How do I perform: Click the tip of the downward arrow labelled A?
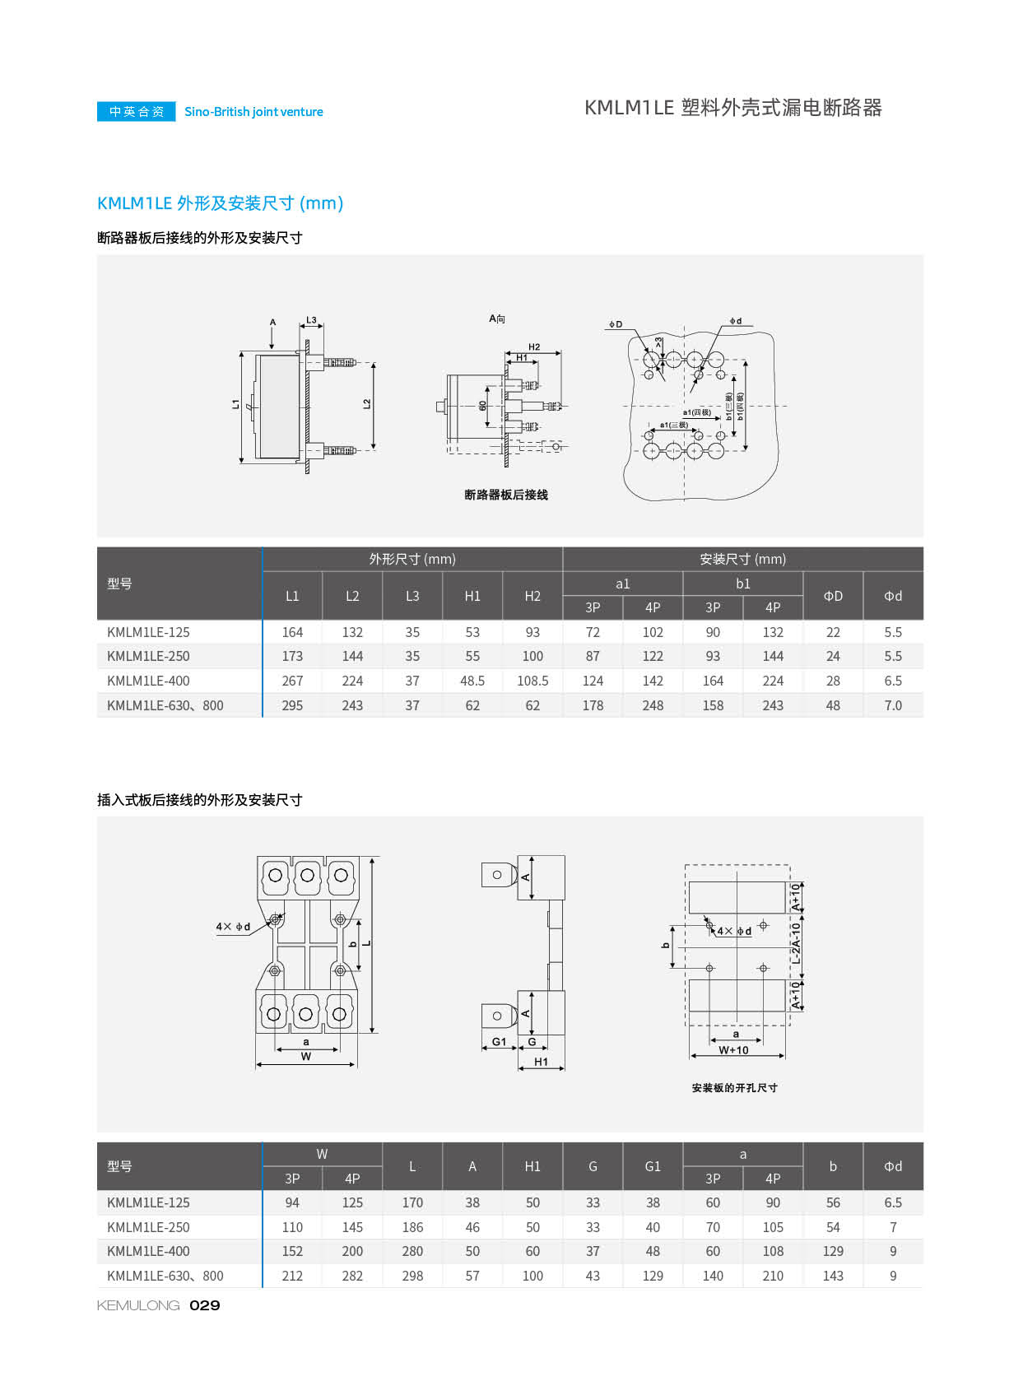click(272, 349)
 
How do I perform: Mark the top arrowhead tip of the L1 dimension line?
click(242, 352)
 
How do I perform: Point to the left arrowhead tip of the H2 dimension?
click(505, 354)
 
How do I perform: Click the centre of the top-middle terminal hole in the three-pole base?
click(307, 876)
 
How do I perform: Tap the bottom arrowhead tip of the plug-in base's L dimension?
click(372, 1033)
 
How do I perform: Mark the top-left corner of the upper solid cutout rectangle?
click(690, 882)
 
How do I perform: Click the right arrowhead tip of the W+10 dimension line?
click(785, 1056)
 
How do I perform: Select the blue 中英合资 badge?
click(137, 111)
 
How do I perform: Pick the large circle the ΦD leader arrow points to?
click(651, 360)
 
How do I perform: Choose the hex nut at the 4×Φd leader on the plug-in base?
click(275, 919)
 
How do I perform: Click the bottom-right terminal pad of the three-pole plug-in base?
click(340, 1013)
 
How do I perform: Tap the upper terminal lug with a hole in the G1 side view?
click(498, 875)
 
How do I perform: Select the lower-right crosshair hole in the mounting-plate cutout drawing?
click(763, 968)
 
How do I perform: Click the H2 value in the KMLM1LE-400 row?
click(532, 681)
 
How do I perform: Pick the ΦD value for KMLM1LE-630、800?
click(832, 705)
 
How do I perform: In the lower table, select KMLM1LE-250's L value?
click(412, 1227)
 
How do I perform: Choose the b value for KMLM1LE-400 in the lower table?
click(832, 1251)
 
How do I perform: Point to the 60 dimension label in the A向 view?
click(482, 406)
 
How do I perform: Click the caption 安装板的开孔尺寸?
click(734, 1088)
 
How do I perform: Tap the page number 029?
click(204, 1305)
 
